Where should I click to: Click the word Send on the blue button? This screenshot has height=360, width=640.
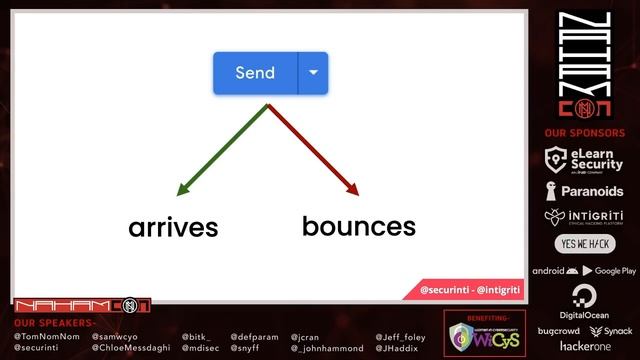255,73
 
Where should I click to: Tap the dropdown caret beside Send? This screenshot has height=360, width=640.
313,73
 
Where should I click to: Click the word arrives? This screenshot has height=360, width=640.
173,228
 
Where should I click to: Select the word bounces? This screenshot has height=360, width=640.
358,226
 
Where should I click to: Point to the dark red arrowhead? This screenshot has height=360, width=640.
351,188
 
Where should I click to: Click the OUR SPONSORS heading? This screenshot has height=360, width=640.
585,133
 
